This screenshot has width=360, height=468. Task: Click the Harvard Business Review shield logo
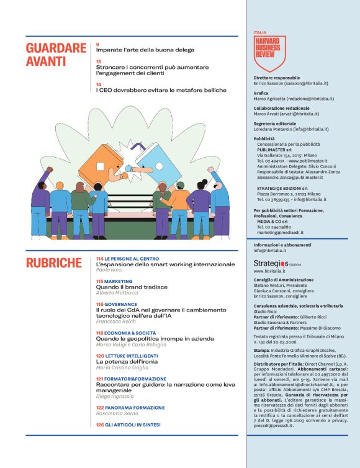(270, 52)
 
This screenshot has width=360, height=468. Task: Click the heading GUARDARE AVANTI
(56, 55)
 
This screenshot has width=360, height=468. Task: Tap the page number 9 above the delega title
(98, 45)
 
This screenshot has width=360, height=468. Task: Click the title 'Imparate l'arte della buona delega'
(145, 50)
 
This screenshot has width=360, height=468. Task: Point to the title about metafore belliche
(161, 90)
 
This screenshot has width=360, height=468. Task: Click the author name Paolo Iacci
(109, 271)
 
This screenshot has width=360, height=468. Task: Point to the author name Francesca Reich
(115, 322)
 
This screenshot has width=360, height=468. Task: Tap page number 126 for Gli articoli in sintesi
(99, 425)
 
